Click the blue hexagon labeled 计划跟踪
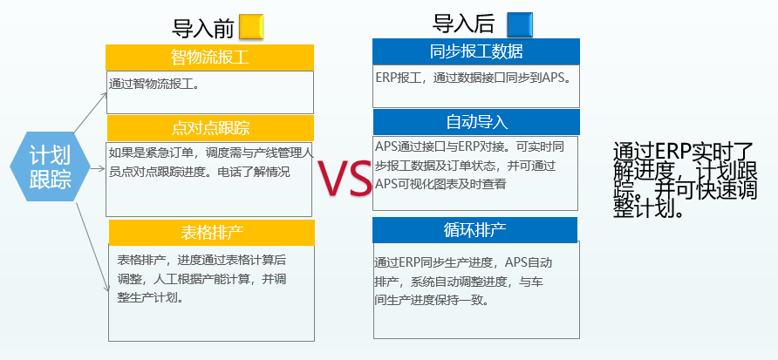pos(50,166)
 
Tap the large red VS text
pos(345,178)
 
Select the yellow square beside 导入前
pos(251,27)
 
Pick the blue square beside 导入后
pos(520,24)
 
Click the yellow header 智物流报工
pos(210,58)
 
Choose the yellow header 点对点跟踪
pos(210,128)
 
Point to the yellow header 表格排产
pos(212,233)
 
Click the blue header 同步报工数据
pos(476,51)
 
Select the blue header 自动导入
pos(476,122)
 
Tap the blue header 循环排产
pos(474,230)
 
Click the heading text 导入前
pos(203,28)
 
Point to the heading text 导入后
pos(463,24)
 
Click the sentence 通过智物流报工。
pos(154,84)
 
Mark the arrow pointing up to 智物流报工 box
pos(91,112)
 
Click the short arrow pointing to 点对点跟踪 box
pos(98,169)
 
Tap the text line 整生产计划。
pos(150,297)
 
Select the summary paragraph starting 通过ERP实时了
pos(686,180)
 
